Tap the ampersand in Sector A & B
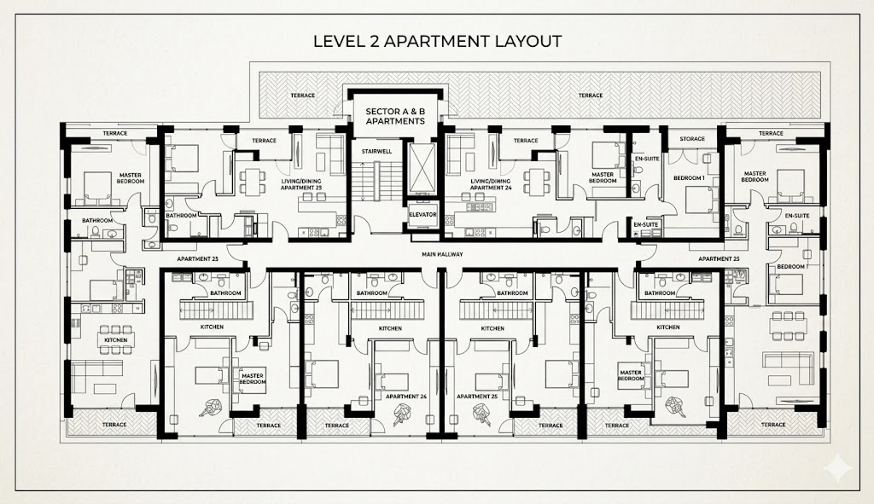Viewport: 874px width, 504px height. (411, 112)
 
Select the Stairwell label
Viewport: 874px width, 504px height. (376, 151)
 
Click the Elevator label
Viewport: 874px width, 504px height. (422, 214)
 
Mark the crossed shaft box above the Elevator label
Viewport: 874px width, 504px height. (422, 168)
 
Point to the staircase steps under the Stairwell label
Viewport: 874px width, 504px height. (380, 182)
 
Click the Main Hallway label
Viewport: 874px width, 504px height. (442, 254)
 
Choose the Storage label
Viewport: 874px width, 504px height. (692, 139)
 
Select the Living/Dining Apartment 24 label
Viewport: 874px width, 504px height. (491, 185)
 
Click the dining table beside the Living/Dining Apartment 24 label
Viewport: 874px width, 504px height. (537, 182)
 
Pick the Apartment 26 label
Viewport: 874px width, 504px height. (405, 397)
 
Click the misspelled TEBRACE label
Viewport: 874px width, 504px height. (303, 96)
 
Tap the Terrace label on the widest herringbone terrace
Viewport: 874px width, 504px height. (591, 96)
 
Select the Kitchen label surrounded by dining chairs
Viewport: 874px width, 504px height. (115, 339)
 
